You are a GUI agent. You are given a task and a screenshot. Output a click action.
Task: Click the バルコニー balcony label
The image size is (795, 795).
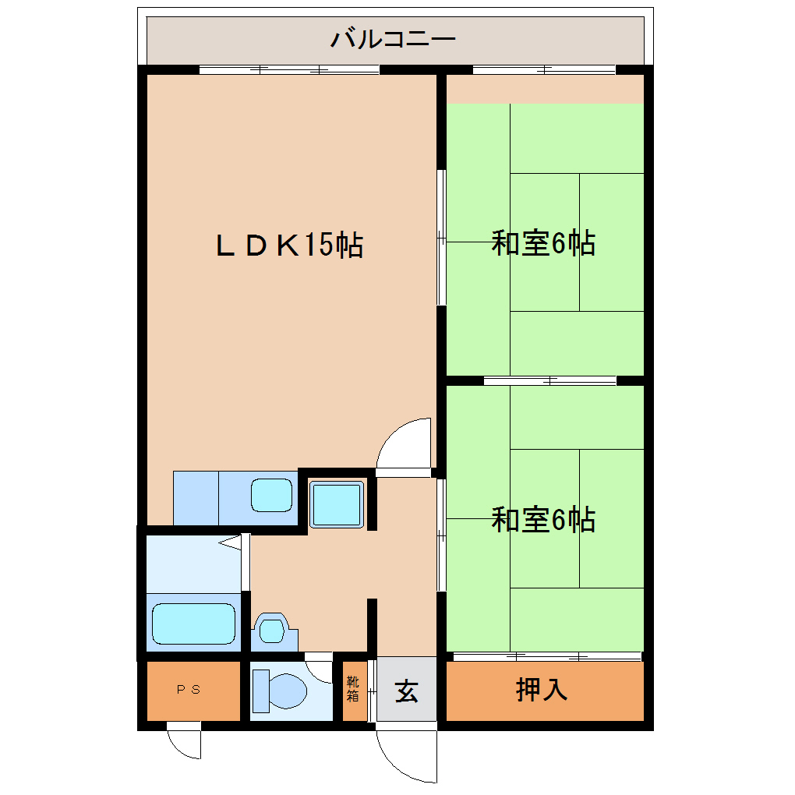click(x=393, y=39)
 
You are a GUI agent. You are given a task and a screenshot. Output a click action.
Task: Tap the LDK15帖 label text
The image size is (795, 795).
click(x=289, y=245)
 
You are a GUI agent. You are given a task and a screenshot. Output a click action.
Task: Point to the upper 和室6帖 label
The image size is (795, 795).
click(x=543, y=243)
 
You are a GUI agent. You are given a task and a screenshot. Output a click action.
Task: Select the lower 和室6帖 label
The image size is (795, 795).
click(x=543, y=519)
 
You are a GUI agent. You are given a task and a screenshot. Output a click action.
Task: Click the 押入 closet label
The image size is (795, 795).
click(x=542, y=690)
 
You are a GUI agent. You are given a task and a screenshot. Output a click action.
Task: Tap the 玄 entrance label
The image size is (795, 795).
click(x=407, y=691)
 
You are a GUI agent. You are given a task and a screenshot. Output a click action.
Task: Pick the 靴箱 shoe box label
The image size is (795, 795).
click(x=353, y=688)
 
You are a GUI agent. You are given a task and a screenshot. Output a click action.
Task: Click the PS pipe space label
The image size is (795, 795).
click(x=189, y=690)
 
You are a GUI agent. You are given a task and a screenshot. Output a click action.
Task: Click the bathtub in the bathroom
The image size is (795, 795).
click(x=193, y=624)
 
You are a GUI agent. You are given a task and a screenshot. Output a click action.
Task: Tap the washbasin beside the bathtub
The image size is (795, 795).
click(x=272, y=631)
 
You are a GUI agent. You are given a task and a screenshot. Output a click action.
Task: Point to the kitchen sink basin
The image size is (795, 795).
click(x=272, y=496)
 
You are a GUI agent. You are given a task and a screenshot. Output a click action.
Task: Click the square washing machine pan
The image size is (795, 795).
click(x=337, y=504)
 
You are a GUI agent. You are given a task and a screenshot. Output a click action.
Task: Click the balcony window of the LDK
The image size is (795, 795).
click(x=289, y=70)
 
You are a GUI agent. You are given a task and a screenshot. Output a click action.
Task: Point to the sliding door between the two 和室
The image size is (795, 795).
click(x=550, y=381)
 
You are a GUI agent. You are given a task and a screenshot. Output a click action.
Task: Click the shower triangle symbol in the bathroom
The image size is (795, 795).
click(x=231, y=542)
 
